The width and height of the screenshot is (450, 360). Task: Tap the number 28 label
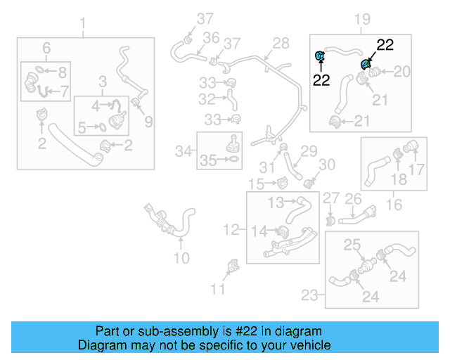pyautogui.click(x=281, y=44)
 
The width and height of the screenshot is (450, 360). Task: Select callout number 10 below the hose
pyautogui.click(x=181, y=258)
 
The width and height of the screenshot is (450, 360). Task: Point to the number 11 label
pyautogui.click(x=219, y=288)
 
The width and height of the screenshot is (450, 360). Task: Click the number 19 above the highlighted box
pyautogui.click(x=361, y=20)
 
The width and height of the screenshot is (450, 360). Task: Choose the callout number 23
pyautogui.click(x=310, y=295)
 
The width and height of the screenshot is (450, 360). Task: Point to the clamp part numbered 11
pyautogui.click(x=233, y=267)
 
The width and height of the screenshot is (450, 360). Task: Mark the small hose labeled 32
pyautogui.click(x=231, y=101)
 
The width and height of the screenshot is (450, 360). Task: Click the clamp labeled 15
pyautogui.click(x=283, y=183)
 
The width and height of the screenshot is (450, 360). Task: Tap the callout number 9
pyautogui.click(x=148, y=122)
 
